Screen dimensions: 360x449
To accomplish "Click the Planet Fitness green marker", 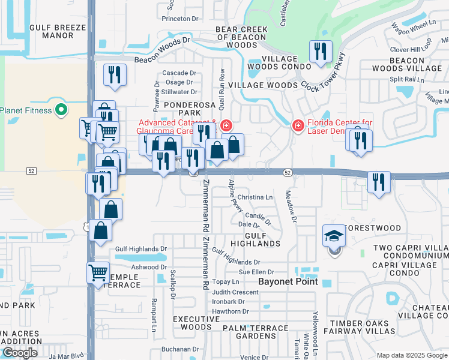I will pos(60,110).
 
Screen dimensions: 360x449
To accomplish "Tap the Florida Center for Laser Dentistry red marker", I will pos(297,125).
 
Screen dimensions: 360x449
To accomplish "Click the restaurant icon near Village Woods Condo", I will pos(321,52).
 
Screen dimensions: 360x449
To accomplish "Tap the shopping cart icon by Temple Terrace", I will pos(97,273).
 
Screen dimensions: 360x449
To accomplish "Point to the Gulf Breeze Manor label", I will pos(57,31).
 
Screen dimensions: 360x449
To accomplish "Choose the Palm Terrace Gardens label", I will pos(256,332).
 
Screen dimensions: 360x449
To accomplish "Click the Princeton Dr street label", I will pos(180,19).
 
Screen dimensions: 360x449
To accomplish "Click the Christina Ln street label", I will pos(255,197).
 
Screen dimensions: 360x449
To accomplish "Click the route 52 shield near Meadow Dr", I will pos(288,173).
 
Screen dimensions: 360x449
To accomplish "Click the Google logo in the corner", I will pos(19,353).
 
